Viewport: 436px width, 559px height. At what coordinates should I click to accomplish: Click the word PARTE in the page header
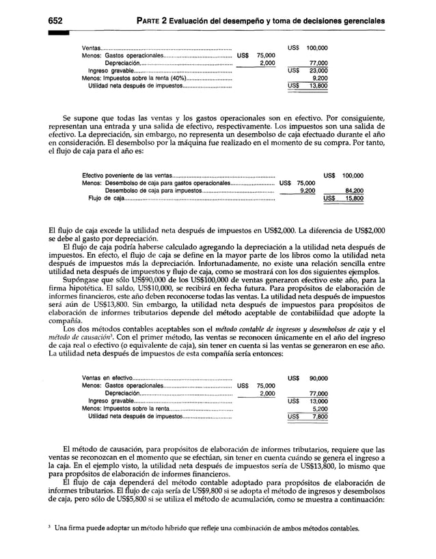coord(152,21)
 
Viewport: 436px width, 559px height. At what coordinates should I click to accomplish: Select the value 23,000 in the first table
coord(317,70)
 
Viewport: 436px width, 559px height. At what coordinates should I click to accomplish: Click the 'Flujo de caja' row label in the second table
coord(106,199)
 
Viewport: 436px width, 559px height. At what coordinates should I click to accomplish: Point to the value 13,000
coord(317,400)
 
